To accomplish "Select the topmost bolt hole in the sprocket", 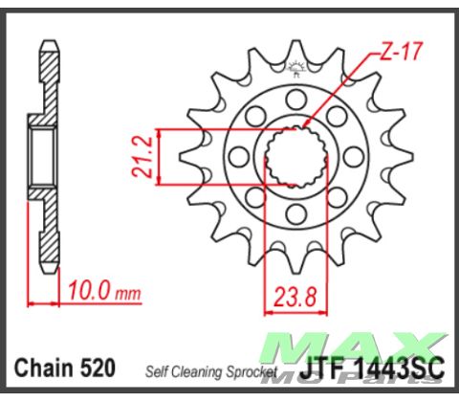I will pyautogui.click(x=291, y=95).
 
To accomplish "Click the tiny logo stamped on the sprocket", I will pyautogui.click(x=291, y=67).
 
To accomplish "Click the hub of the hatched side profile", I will pyautogui.click(x=42, y=155).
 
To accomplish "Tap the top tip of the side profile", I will pyautogui.click(x=49, y=45).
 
